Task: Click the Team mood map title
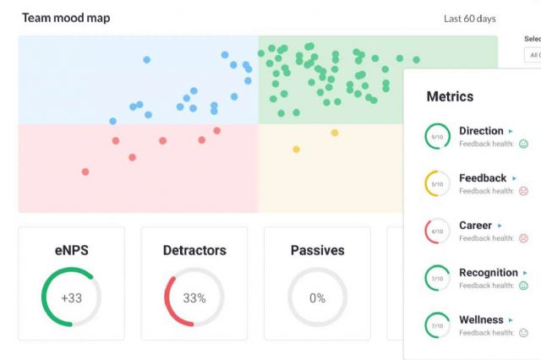click(x=66, y=18)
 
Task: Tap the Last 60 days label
click(x=469, y=19)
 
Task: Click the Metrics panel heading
click(x=450, y=97)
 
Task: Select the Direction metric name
click(x=481, y=131)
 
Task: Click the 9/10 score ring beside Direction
click(x=437, y=136)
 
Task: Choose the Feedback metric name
click(x=483, y=178)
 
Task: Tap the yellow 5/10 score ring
click(x=437, y=183)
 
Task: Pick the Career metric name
click(x=475, y=226)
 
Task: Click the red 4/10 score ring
click(x=437, y=231)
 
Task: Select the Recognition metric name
click(x=488, y=273)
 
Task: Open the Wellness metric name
click(x=481, y=320)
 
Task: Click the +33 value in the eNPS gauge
click(x=71, y=297)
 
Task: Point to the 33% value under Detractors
click(x=194, y=297)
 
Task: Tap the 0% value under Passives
click(x=317, y=297)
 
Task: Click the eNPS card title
click(x=71, y=250)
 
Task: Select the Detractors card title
click(x=194, y=250)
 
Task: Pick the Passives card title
click(x=317, y=250)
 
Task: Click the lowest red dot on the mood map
click(x=85, y=172)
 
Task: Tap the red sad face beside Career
click(x=523, y=238)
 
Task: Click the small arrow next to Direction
click(x=511, y=132)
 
